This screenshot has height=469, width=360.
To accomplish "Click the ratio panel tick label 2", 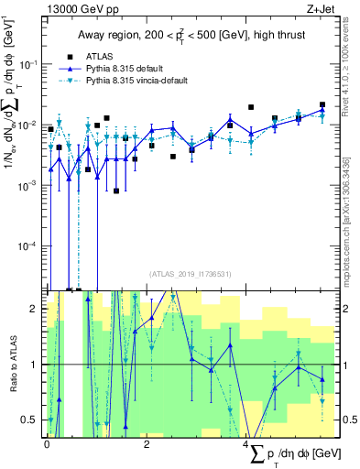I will pyautogui.click(x=33, y=310).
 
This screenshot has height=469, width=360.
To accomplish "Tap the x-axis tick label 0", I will pyautogui.click(x=47, y=443).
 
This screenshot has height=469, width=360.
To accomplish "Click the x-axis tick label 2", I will pyautogui.click(x=147, y=443).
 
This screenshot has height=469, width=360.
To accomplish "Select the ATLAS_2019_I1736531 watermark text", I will pyautogui.click(x=191, y=273).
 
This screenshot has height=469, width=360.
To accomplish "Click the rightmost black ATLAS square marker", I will pyautogui.click(x=322, y=105).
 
